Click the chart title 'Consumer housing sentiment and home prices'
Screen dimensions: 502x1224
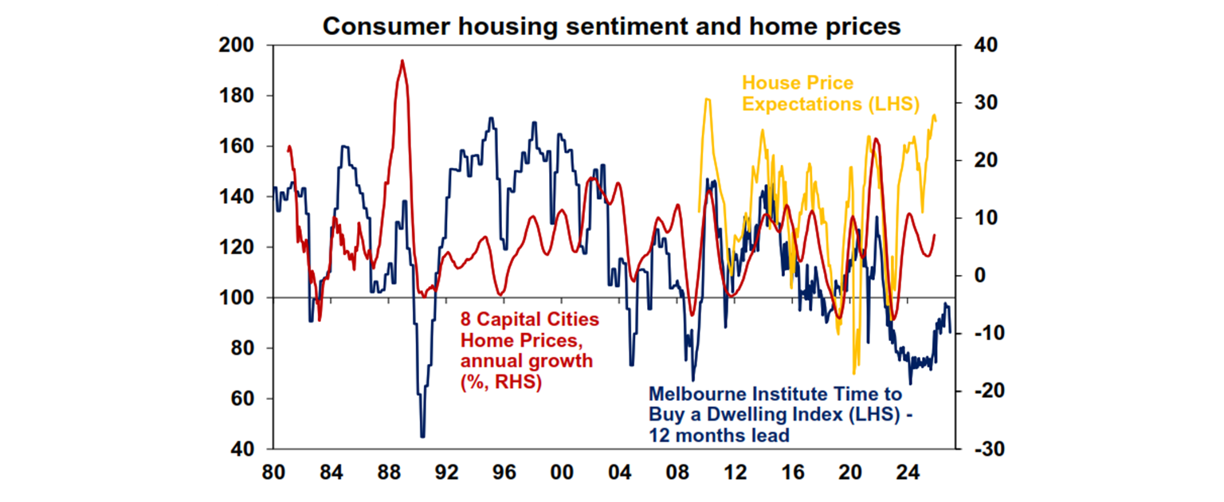[611, 25]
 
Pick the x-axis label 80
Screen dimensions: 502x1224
[273, 472]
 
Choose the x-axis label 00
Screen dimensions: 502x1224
[563, 472]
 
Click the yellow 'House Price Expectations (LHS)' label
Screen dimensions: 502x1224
[831, 93]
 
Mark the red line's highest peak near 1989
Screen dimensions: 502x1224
[402, 61]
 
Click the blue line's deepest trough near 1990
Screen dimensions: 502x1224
[422, 436]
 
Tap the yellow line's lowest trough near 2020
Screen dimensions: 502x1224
[854, 373]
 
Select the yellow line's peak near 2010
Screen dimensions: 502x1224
[706, 100]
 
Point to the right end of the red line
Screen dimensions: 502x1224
[935, 234]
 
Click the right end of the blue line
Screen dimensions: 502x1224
[950, 331]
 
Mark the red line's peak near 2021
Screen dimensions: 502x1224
[876, 139]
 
